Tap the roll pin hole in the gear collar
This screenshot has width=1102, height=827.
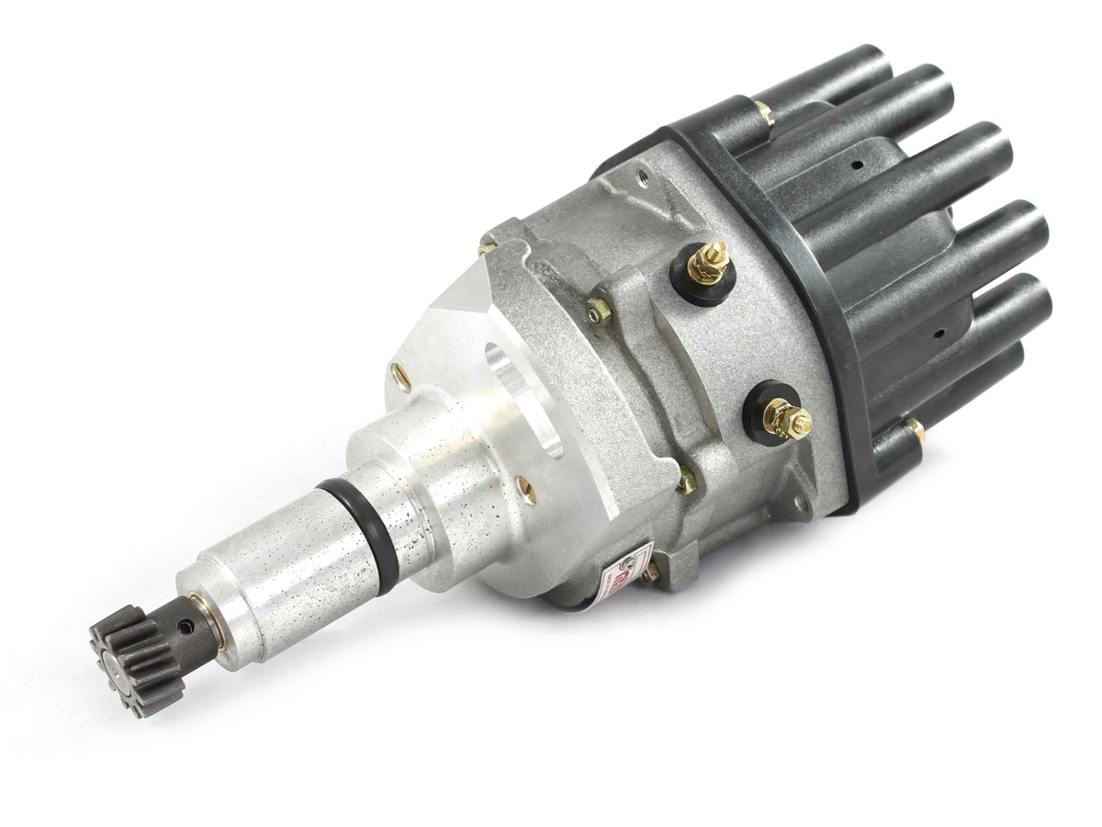[x=188, y=626]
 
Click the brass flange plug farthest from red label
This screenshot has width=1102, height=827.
[x=401, y=374]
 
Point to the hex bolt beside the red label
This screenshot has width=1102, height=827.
[x=653, y=573]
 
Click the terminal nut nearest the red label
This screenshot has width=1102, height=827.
[x=788, y=421]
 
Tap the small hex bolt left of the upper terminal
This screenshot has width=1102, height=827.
[x=599, y=313]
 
